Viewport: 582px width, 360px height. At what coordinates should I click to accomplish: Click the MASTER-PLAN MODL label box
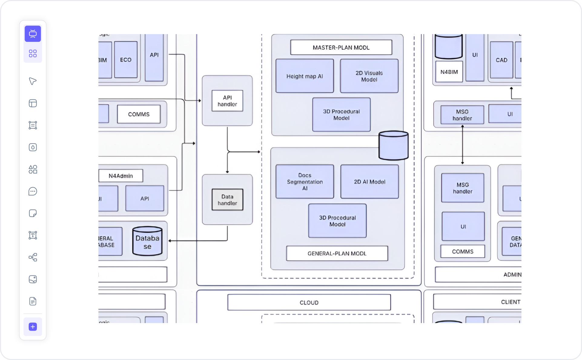click(x=341, y=48)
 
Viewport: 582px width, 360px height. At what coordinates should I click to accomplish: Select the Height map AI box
click(x=305, y=76)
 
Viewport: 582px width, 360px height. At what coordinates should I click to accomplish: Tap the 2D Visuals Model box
click(x=369, y=76)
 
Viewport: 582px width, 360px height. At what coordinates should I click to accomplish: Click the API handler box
click(x=227, y=101)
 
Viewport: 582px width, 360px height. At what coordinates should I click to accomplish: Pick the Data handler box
click(x=227, y=200)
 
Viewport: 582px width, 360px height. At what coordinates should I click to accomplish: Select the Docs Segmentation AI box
click(x=305, y=182)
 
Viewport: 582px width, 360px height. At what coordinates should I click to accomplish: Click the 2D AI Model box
click(x=369, y=182)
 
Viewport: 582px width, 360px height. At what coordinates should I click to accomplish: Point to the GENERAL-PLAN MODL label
click(x=337, y=253)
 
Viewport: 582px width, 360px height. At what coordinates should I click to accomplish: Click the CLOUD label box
click(x=309, y=302)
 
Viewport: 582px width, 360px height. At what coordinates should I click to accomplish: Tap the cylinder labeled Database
click(x=147, y=242)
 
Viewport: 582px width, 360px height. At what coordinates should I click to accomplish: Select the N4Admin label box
click(x=121, y=176)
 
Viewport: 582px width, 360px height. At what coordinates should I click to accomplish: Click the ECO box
click(x=126, y=60)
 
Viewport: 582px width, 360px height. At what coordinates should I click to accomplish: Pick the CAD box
click(x=501, y=60)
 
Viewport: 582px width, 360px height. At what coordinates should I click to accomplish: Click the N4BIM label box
click(x=449, y=72)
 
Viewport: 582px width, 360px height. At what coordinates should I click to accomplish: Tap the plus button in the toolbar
click(x=33, y=327)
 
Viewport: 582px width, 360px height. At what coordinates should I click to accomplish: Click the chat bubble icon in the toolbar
click(x=33, y=191)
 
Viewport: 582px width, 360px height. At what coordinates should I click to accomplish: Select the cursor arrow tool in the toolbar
click(x=33, y=81)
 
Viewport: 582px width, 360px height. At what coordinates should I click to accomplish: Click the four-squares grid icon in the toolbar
click(x=33, y=53)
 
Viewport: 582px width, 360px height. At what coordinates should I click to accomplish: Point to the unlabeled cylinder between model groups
click(x=393, y=146)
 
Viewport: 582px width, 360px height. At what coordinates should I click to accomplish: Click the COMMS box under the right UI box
click(x=462, y=252)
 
